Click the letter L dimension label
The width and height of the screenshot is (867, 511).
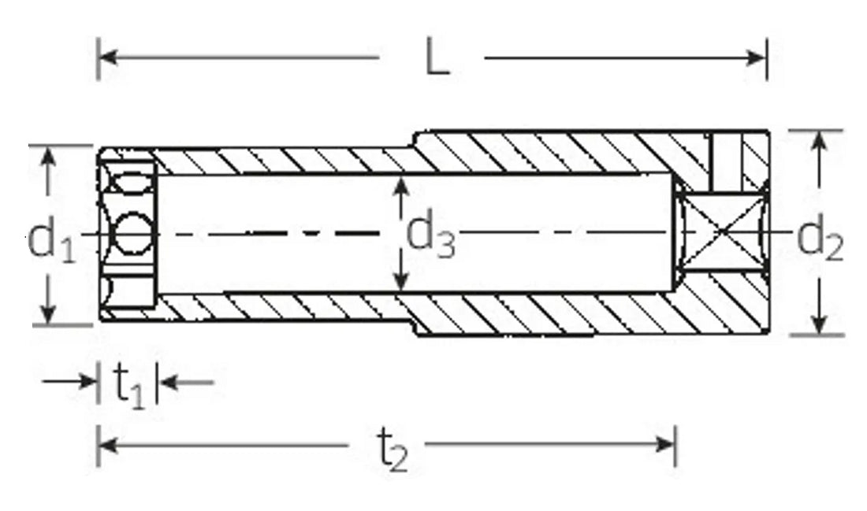[437, 59]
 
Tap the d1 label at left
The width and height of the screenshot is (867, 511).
[51, 241]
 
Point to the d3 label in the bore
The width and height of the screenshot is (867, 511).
[430, 233]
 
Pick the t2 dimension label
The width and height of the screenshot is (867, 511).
[391, 450]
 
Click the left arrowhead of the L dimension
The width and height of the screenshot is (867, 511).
[106, 57]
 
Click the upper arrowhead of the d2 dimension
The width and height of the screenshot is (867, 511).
[820, 140]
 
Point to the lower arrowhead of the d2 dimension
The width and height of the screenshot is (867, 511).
[820, 324]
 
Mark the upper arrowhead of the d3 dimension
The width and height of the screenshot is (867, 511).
[402, 186]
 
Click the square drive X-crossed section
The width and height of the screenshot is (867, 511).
[723, 232]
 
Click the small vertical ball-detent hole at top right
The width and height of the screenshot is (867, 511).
[726, 162]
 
